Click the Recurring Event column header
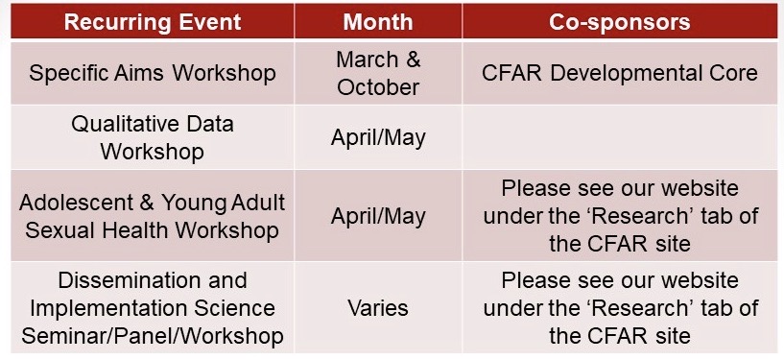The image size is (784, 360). click(x=153, y=22)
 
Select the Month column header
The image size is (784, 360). click(x=378, y=22)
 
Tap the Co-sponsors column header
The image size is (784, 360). click(x=620, y=22)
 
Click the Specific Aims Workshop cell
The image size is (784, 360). click(x=153, y=74)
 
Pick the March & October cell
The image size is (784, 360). click(x=378, y=74)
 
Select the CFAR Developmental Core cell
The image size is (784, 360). click(x=620, y=74)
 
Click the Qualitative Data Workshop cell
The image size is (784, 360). click(x=153, y=137)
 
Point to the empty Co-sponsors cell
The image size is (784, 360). click(x=620, y=137)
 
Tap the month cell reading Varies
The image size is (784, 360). click(x=378, y=308)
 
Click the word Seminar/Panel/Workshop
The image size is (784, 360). click(x=153, y=336)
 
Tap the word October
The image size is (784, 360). click(x=378, y=87)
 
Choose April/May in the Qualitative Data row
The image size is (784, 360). click(x=378, y=137)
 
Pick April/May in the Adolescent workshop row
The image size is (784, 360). click(x=378, y=217)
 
